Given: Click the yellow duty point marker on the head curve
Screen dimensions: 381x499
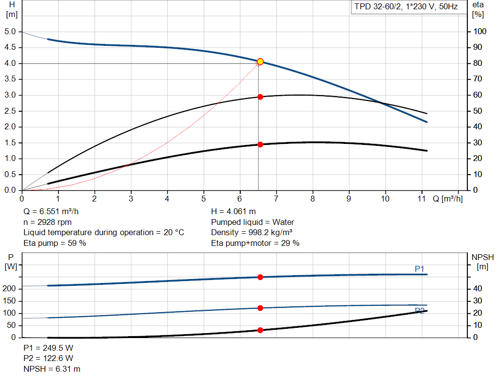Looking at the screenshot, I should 260,61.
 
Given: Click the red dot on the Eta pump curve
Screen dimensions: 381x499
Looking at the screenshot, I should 260,97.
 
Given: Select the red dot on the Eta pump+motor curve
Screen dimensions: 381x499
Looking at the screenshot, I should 260,144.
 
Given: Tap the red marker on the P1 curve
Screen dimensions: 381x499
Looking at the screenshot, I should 260,277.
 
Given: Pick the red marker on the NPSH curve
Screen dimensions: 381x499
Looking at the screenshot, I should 260,330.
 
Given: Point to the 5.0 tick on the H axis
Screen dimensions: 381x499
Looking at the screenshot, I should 11,32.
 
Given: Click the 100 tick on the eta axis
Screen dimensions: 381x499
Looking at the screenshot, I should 480,32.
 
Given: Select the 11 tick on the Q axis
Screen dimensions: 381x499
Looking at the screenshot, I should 422,199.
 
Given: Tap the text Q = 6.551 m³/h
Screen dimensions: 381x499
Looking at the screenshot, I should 51,212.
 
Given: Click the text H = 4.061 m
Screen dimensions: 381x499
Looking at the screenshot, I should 233,212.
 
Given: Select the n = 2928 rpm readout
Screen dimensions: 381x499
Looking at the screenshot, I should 48,222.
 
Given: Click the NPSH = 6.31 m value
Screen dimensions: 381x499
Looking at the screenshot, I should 52,369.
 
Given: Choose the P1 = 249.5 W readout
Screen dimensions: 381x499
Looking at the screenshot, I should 49,348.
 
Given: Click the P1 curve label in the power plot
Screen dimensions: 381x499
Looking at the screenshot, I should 420,269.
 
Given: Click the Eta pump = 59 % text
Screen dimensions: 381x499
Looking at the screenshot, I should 55,243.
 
